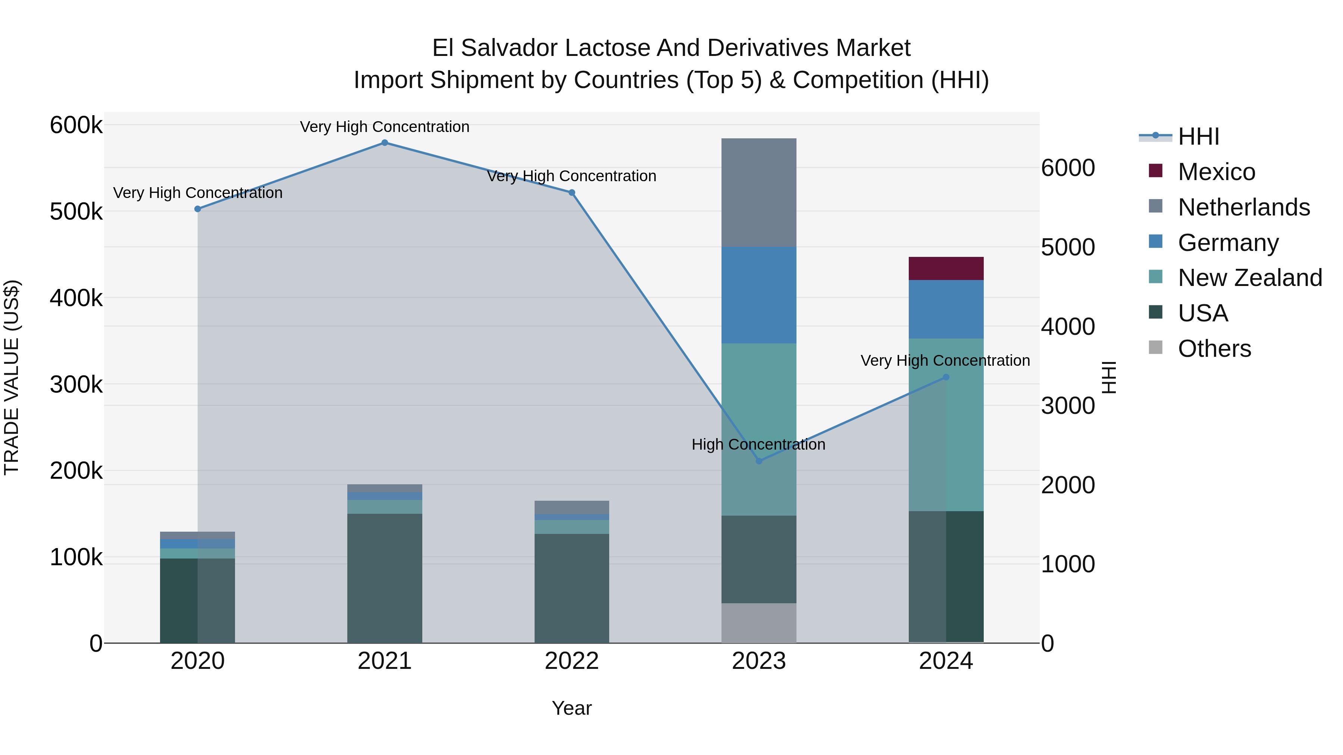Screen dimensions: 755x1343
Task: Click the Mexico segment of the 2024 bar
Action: pos(946,268)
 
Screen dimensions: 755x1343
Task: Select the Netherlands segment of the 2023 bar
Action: pos(758,192)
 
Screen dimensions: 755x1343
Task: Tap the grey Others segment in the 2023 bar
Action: pos(758,623)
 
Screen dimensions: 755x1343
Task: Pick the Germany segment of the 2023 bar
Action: pos(758,295)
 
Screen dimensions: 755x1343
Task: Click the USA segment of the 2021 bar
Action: pos(384,578)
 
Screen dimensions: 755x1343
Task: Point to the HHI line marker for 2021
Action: pos(384,143)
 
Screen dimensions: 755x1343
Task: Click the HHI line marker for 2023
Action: pos(758,461)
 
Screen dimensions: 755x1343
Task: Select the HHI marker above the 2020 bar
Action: pos(198,209)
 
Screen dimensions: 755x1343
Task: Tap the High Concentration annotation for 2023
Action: pos(758,444)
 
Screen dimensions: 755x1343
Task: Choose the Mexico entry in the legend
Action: pos(1216,172)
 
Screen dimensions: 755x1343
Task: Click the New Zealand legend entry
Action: pos(1250,278)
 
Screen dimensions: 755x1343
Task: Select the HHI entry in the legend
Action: pos(1198,136)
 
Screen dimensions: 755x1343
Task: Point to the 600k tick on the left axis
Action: pos(76,126)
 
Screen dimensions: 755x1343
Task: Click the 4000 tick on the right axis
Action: pos(1068,327)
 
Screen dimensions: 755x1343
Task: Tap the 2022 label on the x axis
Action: pos(572,661)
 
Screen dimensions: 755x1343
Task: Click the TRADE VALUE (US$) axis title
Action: pos(12,377)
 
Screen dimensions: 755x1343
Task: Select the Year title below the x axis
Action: pos(572,708)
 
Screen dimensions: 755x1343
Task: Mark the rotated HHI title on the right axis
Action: pos(1109,377)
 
